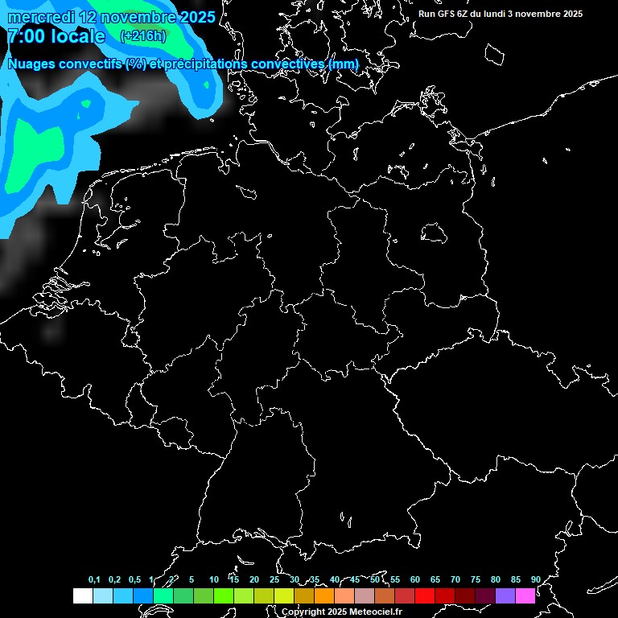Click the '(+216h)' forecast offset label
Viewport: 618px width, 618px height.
143,36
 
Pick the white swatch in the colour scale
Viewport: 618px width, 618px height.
82,595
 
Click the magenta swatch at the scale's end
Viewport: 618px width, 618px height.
525,595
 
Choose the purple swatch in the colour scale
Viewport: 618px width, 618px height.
505,595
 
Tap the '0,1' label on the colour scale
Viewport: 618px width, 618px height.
94,579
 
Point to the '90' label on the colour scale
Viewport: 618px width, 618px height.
535,579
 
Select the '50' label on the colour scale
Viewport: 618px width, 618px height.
375,579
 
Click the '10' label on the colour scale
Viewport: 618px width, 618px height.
213,579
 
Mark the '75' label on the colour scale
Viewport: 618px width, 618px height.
475,579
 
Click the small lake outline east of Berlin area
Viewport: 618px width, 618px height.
435,234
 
